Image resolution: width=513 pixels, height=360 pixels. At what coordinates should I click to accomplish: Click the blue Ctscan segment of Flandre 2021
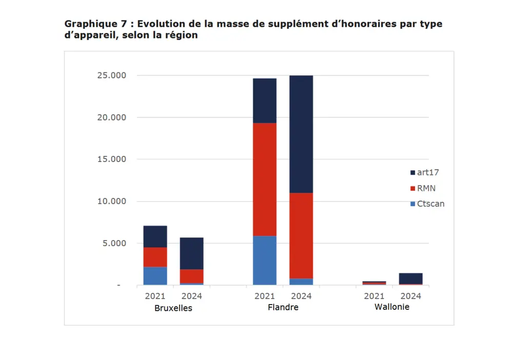pyautogui.click(x=265, y=260)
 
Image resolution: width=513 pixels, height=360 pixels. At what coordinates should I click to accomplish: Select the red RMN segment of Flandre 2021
pyautogui.click(x=265, y=179)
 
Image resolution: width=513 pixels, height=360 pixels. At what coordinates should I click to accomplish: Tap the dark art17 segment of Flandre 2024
pyautogui.click(x=301, y=134)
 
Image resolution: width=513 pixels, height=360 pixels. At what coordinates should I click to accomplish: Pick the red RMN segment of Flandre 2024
pyautogui.click(x=301, y=235)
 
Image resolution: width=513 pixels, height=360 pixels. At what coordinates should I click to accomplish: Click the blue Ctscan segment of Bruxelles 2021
pyautogui.click(x=155, y=275)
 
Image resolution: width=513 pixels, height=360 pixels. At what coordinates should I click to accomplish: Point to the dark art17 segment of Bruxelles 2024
pyautogui.click(x=191, y=253)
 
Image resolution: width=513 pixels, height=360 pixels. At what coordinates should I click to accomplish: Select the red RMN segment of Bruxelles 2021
pyautogui.click(x=155, y=257)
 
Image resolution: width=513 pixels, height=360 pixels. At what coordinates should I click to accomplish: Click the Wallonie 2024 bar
pyautogui.click(x=411, y=278)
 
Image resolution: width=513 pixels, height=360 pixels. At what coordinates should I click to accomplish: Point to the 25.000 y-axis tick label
pyautogui.click(x=111, y=75)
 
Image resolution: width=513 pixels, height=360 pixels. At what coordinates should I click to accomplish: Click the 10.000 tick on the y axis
pyautogui.click(x=111, y=201)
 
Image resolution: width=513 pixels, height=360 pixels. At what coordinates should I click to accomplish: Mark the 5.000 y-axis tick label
pyautogui.click(x=114, y=243)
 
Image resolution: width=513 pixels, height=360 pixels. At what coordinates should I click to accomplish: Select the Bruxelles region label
pyautogui.click(x=173, y=308)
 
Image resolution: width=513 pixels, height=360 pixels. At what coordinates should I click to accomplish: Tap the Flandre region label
pyautogui.click(x=283, y=308)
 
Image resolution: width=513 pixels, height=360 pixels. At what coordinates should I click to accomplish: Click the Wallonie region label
pyautogui.click(x=392, y=307)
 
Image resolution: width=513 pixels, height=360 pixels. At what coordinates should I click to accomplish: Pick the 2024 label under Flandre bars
pyautogui.click(x=301, y=296)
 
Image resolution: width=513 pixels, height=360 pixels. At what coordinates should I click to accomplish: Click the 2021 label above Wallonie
pyautogui.click(x=374, y=296)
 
